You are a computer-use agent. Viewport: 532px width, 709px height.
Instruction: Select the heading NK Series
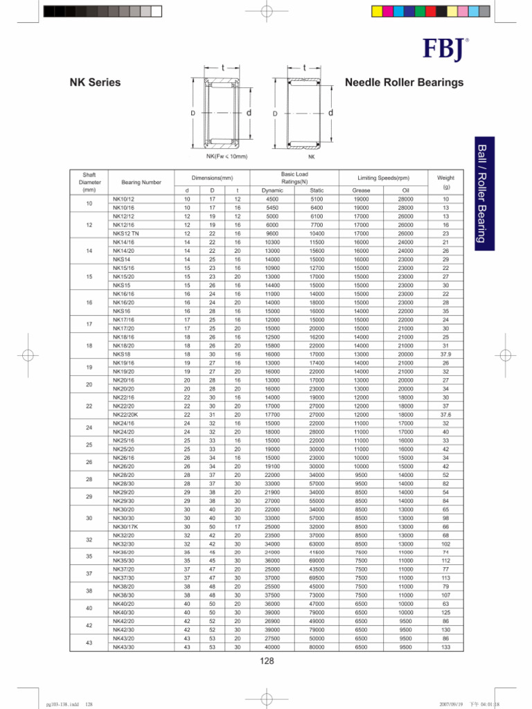click(95, 83)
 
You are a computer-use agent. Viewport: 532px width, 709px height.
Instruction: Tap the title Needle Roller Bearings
click(404, 83)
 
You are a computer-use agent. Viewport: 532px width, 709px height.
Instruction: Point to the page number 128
click(267, 662)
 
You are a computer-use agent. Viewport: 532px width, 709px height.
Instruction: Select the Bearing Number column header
click(141, 182)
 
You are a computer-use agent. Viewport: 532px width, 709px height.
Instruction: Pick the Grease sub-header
click(361, 190)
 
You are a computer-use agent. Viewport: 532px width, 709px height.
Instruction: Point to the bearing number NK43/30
click(123, 647)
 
